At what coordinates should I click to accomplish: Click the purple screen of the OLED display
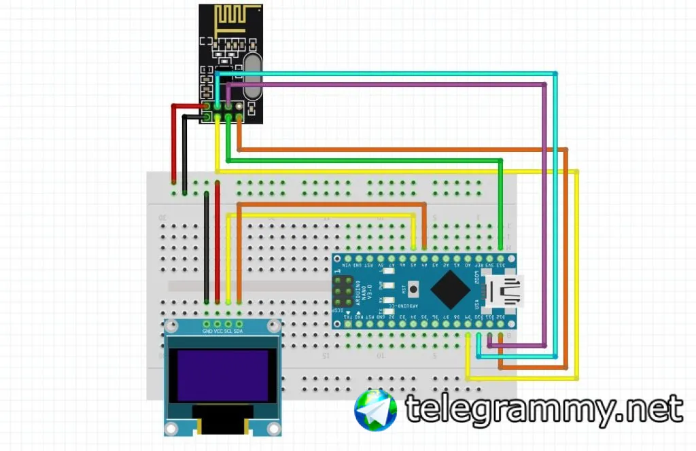pos(223,375)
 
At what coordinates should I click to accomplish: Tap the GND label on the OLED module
pos(207,331)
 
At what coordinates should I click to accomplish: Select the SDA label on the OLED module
pos(239,331)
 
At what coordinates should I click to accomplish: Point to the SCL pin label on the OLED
pos(228,331)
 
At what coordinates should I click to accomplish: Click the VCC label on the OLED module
pos(217,331)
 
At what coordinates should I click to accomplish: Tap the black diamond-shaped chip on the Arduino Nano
pos(451,290)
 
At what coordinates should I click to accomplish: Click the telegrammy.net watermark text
pos(544,409)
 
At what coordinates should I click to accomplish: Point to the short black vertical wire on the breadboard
pos(207,248)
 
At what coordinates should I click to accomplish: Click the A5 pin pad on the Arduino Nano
pos(413,259)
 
